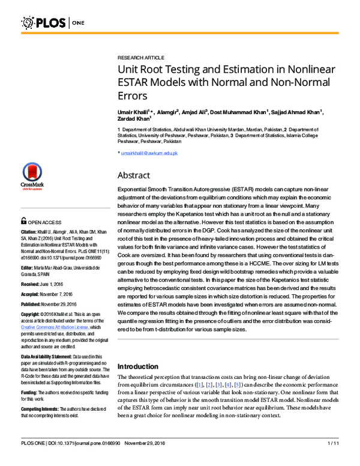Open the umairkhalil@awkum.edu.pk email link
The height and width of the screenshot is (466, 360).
[149, 153]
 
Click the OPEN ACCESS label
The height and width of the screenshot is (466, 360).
[44, 220]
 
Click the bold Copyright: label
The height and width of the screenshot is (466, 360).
[33, 315]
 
